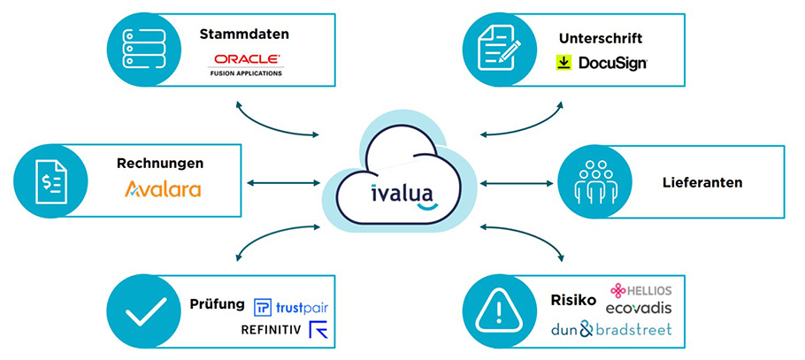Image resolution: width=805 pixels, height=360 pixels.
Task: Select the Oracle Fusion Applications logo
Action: click(246, 65)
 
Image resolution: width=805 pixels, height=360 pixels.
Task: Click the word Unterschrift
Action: click(600, 39)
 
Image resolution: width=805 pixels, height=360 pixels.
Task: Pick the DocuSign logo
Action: click(602, 63)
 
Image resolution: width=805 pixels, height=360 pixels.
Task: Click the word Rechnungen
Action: click(160, 163)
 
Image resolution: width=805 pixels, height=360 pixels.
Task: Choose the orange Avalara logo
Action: click(163, 188)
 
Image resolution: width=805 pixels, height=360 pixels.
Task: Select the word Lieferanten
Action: click(701, 183)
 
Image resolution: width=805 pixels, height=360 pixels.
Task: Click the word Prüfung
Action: click(217, 303)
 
